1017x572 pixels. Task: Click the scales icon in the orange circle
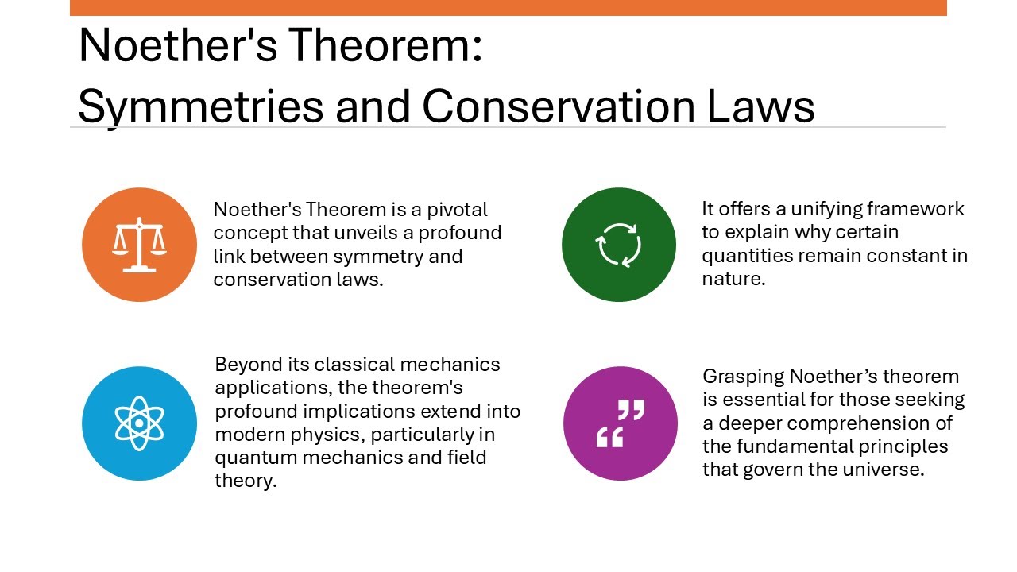tap(139, 245)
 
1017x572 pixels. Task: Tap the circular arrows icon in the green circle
tap(619, 245)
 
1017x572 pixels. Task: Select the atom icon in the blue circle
tap(139, 423)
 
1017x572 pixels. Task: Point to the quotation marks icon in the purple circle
tap(621, 423)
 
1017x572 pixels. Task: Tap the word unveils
tap(380, 234)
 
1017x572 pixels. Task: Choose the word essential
tap(757, 400)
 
